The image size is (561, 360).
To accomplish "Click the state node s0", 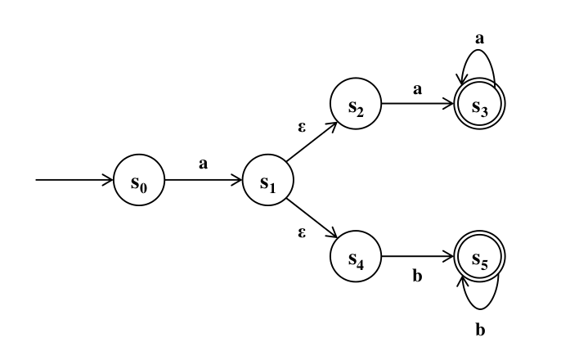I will point(138,180).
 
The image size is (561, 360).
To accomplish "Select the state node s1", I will point(267,180).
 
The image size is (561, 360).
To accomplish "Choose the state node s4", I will point(355,257).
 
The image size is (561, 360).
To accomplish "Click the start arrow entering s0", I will point(74,180).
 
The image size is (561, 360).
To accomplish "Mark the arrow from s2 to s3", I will point(417,104).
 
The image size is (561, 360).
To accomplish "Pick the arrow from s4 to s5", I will point(417,257).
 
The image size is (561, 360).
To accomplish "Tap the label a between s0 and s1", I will point(204,164).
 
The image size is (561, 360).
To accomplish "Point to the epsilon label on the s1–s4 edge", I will point(302,233).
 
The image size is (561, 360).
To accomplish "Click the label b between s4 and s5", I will point(417,277).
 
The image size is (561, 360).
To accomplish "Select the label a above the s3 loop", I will point(480,38).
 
